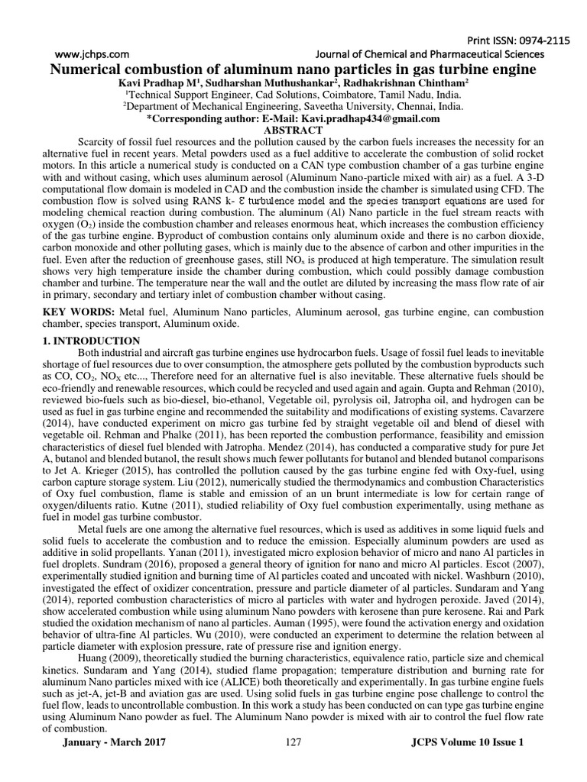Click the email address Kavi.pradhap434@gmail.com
[x=369, y=119]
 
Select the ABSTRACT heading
[x=293, y=131]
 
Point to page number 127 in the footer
[x=293, y=763]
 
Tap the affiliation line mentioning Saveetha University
[x=293, y=108]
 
